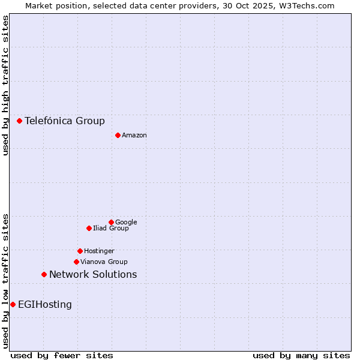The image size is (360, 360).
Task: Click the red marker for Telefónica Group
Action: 19,121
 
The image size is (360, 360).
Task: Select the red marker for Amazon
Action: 118,135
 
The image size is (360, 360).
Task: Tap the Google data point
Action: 111,222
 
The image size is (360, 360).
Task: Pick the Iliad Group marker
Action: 89,228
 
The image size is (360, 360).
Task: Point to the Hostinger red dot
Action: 80,251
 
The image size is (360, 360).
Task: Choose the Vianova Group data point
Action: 76,262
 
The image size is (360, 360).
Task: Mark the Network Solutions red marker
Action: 44,274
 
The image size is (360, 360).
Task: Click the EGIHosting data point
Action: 13,304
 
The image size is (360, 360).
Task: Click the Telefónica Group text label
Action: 65,121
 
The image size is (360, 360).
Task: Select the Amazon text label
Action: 134,135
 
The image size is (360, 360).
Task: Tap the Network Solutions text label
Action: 93,274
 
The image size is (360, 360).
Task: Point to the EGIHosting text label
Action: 45,304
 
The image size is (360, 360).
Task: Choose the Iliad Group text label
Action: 111,228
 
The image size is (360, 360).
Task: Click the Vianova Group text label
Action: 104,262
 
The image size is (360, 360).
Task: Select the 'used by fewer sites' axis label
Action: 62,355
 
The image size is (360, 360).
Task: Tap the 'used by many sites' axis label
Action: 301,355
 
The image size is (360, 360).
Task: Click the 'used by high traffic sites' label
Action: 5,85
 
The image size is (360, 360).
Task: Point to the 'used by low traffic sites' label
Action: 5,281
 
